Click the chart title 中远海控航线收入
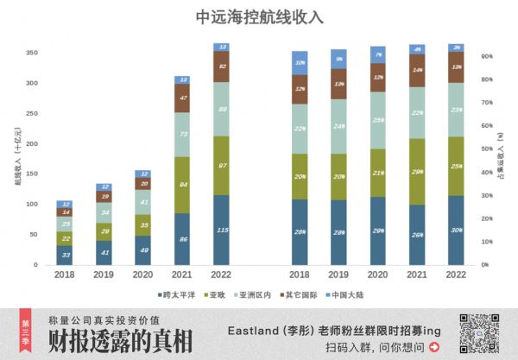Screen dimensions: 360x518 point(258,16)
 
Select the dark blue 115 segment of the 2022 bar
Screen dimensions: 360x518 point(222,230)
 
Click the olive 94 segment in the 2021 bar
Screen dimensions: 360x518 point(182,185)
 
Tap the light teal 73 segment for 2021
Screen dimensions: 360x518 point(182,135)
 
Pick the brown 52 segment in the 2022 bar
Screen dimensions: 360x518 point(222,66)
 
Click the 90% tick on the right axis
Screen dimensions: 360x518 point(487,56)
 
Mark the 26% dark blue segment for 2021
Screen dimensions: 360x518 point(419,234)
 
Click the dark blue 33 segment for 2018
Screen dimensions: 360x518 point(65,255)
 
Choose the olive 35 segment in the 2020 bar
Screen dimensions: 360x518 point(143,224)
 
